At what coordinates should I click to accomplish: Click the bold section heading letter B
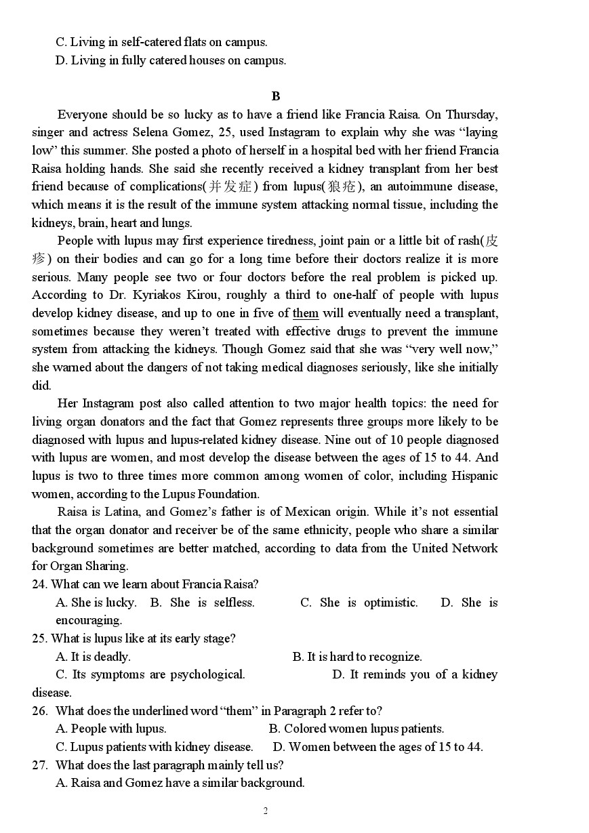[275, 96]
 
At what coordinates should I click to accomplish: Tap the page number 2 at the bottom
[265, 811]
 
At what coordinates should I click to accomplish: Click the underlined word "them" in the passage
[306, 313]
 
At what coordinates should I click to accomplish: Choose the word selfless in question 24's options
[235, 603]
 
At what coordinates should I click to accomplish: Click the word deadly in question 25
[112, 657]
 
